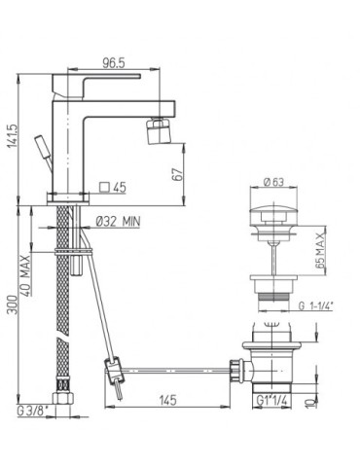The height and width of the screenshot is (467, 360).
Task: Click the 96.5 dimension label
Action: [x=114, y=63]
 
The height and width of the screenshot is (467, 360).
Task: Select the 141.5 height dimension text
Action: [x=13, y=135]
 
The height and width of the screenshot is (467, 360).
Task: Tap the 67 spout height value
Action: [x=178, y=174]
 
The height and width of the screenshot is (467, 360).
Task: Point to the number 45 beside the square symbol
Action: [x=120, y=188]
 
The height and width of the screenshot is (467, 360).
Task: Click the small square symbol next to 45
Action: [x=104, y=187]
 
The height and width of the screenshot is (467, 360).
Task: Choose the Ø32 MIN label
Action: [x=118, y=222]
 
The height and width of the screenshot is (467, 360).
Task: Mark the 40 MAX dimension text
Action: [x=26, y=275]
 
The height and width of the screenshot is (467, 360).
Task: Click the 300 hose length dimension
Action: [x=13, y=305]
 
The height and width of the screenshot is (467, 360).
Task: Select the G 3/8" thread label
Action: [x=32, y=412]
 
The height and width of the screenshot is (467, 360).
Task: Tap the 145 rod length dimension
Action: [x=168, y=400]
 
